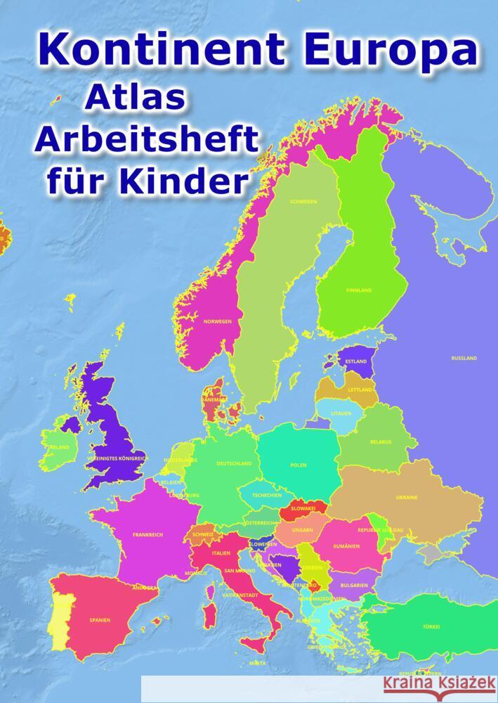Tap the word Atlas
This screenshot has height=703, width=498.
pos(135,100)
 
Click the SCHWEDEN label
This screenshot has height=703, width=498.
pos(303,201)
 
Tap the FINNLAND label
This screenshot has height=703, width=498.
pos(359,290)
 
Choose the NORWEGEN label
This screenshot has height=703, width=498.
pos(218,321)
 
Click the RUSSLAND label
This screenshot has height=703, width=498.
pos(464,358)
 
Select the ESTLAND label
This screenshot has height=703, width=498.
pos(356,361)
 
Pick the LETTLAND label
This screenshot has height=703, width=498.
pos(360,389)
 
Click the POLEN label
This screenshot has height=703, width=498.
pos(298,465)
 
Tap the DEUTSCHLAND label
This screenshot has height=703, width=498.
pos(234,464)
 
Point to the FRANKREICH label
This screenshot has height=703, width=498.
pos(148,535)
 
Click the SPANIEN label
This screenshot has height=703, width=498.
pos(99,621)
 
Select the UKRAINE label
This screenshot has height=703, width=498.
pos(407,497)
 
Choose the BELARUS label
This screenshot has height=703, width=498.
pos(381,442)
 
